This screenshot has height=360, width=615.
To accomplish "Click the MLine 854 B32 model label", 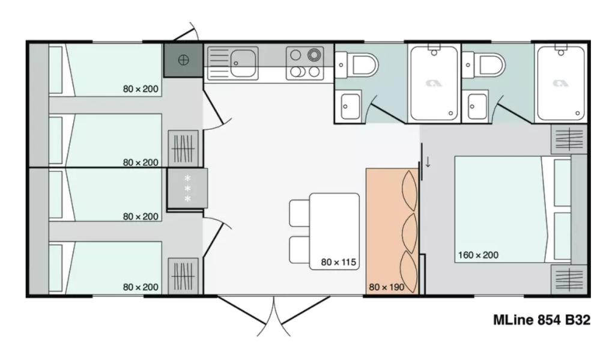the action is (542, 320).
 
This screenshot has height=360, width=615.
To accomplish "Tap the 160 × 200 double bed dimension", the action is (478, 255).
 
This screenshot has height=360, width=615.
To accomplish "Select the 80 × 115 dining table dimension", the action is (338, 262).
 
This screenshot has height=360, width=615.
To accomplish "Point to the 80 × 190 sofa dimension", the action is (386, 287).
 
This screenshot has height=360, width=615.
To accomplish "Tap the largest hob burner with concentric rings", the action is (314, 55).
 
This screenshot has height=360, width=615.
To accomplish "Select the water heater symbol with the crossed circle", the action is (184, 60).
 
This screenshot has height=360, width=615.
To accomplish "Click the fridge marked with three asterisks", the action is (187, 189).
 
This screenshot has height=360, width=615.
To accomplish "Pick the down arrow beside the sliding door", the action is (428, 162).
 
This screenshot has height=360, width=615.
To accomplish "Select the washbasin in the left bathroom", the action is (350, 106).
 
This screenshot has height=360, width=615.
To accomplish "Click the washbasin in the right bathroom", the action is (477, 106).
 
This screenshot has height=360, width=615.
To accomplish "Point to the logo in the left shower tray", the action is (434, 83).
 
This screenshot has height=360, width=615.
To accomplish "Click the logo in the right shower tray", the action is (561, 83).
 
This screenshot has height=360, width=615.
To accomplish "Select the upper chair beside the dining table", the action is (300, 213).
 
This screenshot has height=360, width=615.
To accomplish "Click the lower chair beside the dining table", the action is (300, 250).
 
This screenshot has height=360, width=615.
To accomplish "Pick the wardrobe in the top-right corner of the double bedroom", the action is (569, 139).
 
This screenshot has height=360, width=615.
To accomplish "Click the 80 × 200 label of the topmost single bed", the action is (141, 89).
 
